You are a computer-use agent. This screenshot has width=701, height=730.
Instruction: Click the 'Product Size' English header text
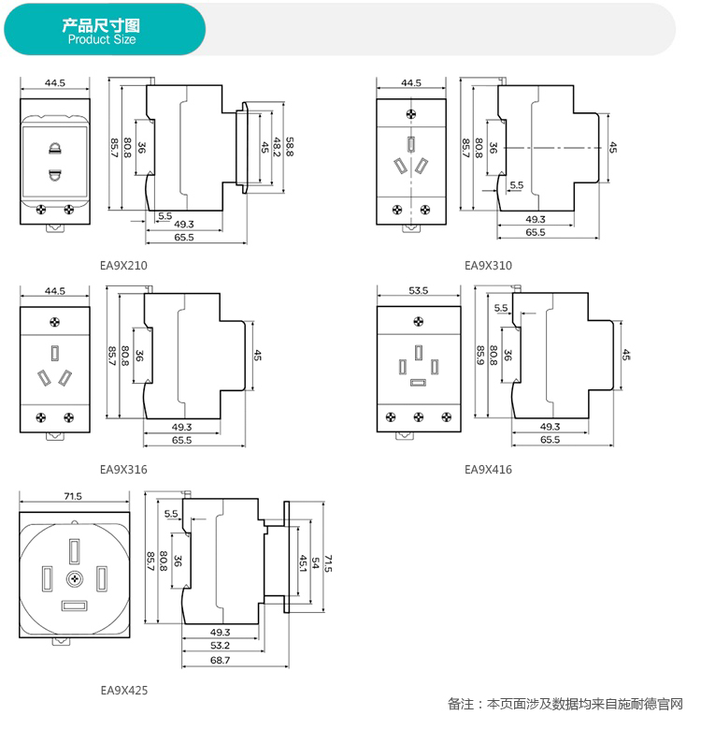[x=102, y=39]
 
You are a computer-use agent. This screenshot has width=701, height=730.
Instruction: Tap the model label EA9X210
[x=123, y=265]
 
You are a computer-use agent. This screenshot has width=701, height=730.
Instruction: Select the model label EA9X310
[x=488, y=265]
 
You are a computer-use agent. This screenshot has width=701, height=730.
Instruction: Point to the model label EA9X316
[x=123, y=469]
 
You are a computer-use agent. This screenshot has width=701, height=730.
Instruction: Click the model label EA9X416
[x=488, y=469]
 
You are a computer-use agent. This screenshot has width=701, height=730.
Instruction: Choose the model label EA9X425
[x=123, y=691]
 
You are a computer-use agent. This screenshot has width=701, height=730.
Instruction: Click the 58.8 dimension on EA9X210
[x=290, y=147]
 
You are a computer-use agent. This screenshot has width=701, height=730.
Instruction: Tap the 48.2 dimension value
[x=277, y=147]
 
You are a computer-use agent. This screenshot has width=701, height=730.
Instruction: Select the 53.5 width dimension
[x=418, y=291]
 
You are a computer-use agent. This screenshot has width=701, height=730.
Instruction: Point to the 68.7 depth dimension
[x=221, y=660]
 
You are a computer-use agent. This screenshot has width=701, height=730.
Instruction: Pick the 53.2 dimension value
[x=221, y=646]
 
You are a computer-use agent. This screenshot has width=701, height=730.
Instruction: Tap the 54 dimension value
[x=316, y=564]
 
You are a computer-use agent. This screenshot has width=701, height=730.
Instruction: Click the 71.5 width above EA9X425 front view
[x=73, y=496]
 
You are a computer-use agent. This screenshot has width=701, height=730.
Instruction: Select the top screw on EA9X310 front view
[x=411, y=113]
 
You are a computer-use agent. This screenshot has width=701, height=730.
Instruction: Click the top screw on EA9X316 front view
[x=55, y=322]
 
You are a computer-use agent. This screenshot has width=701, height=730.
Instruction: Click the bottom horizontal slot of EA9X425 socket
[x=73, y=606]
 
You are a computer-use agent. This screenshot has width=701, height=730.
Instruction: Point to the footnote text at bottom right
[x=565, y=704]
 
